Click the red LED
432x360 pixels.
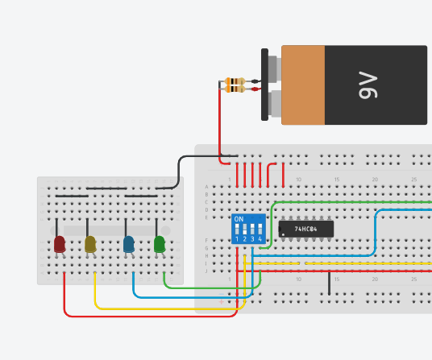60,242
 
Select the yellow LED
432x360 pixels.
90,242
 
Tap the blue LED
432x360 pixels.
129,242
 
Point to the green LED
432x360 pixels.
160,242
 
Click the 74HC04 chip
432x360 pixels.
305,229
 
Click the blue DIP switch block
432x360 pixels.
248,229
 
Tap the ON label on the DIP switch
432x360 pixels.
239,219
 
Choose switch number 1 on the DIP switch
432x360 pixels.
237,230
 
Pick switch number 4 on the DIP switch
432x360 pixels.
260,230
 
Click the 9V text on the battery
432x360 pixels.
368,85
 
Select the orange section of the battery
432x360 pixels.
303,85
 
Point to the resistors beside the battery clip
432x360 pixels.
235,85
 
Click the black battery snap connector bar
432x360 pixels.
264,85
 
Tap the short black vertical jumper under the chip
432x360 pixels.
329,283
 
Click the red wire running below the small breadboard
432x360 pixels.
145,315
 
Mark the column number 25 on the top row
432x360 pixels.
413,180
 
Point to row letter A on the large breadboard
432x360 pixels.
206,187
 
